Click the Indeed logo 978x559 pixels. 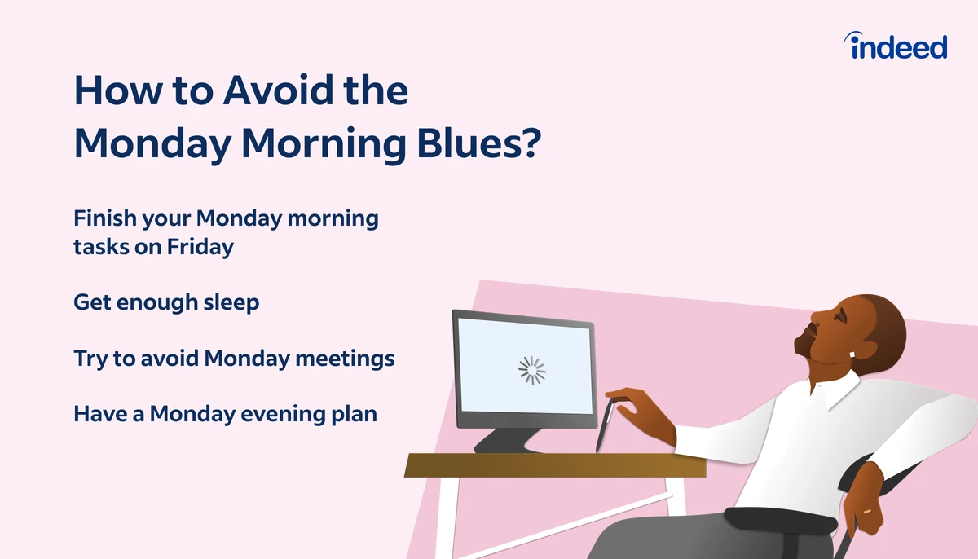[895, 46]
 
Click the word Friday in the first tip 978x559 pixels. [200, 247]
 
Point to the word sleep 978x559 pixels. [231, 302]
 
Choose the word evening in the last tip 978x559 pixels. [284, 415]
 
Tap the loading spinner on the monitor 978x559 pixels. [531, 370]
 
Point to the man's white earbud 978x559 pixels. [852, 354]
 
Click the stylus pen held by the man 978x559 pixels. [604, 425]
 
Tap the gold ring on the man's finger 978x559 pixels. [867, 511]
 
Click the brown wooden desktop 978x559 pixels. [555, 465]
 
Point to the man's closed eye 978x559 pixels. [839, 315]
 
